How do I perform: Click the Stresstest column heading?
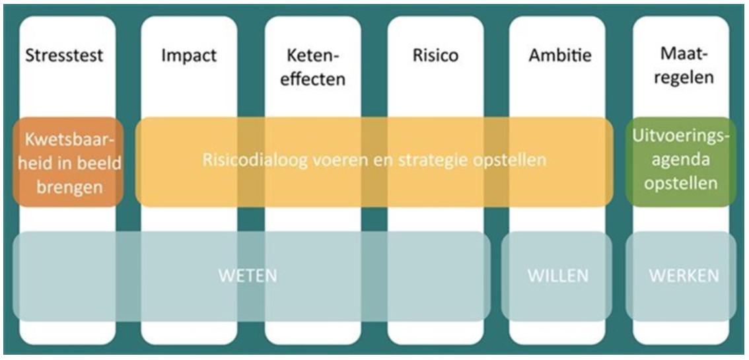[64, 55]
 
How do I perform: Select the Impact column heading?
[189, 56]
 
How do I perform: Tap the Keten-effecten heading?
[312, 67]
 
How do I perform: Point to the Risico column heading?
[435, 55]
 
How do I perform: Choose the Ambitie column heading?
[560, 55]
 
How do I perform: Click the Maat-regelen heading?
[684, 66]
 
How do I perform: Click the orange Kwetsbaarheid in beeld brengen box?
[68, 162]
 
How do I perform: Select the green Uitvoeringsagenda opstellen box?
[681, 162]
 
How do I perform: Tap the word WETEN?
[248, 276]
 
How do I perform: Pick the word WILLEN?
[558, 276]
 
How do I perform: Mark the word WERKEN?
[684, 276]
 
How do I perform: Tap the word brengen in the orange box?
[70, 187]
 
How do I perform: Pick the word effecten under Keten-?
[312, 79]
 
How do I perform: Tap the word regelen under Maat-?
[684, 77]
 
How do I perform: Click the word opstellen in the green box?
[681, 184]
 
